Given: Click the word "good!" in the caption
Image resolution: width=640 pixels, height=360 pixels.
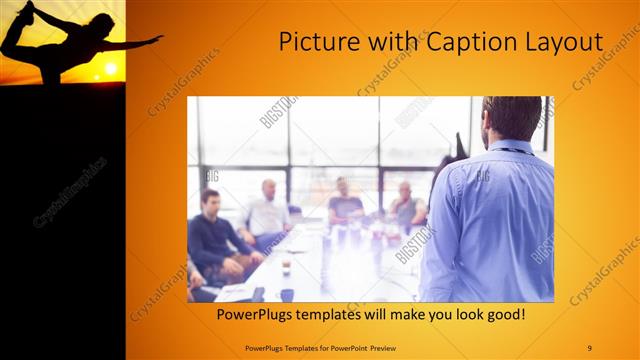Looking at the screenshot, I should point(503,316).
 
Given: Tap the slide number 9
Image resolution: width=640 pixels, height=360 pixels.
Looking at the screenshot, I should point(589,347).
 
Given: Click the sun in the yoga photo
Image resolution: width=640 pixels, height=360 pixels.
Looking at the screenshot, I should point(110,69).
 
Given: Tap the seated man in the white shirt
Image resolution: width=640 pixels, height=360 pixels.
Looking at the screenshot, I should point(268,212).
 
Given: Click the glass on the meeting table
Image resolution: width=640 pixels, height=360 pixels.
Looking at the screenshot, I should point(286,266).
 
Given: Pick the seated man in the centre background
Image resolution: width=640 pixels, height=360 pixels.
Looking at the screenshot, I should point(344,200).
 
